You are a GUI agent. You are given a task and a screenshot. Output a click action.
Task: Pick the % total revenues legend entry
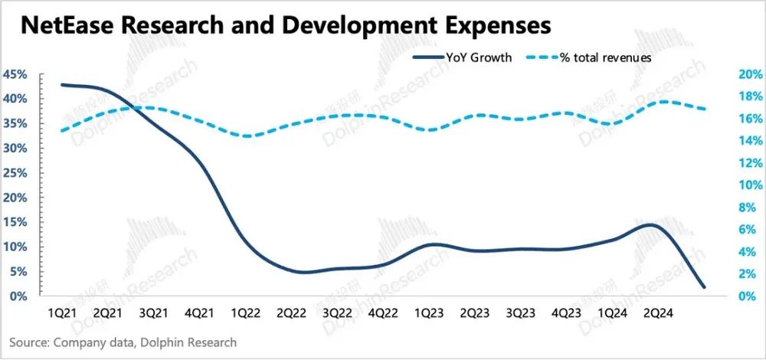click(606, 57)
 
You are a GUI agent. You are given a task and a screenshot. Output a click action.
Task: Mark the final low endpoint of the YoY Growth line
click(704, 287)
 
